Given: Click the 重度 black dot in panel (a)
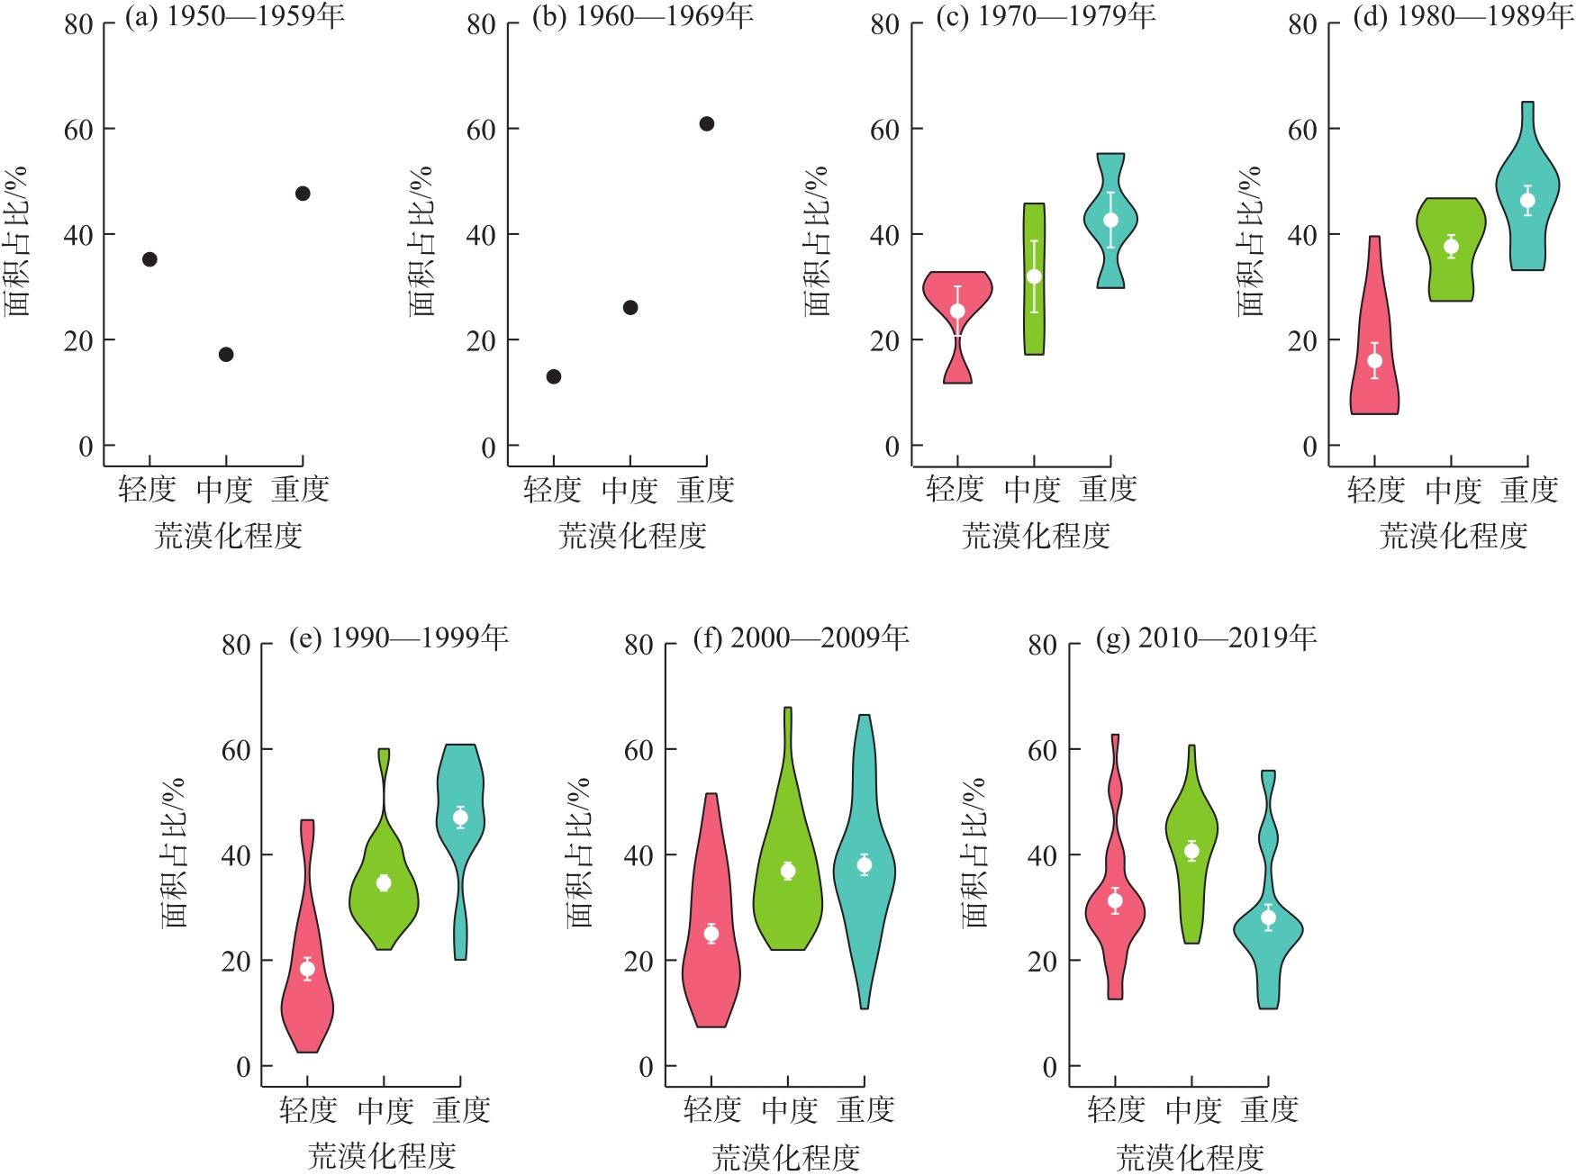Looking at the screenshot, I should tap(303, 194).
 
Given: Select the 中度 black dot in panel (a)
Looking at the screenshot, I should tap(226, 355).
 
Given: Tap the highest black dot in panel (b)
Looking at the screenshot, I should tap(707, 123).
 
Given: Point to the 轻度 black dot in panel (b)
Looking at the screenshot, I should tap(554, 376).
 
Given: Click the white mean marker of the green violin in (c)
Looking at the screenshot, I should tap(1034, 276).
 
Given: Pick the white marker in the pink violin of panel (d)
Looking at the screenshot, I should tap(1374, 361).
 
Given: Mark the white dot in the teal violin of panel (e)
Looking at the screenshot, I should tap(460, 818).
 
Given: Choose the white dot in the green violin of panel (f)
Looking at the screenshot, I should tap(788, 871).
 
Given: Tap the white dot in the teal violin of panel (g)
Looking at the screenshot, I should tap(1268, 917).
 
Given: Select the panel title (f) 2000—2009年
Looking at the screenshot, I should tap(801, 637).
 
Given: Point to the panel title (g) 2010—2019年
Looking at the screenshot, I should tap(1206, 637).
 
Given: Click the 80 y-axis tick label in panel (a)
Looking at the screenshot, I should tap(79, 24).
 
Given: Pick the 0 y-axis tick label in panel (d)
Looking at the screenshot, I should tap(1309, 447).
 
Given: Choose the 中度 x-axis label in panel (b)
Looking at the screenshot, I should tap(629, 491).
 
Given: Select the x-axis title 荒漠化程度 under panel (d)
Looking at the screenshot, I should tap(1454, 537).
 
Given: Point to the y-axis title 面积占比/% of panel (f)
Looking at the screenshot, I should tap(579, 853).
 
